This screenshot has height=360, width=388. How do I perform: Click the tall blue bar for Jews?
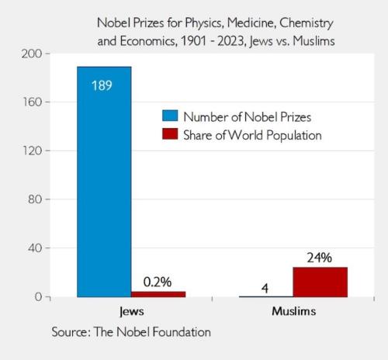[x=104, y=182]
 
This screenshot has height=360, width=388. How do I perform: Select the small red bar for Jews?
[x=158, y=294]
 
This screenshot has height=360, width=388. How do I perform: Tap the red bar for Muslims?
[x=320, y=282]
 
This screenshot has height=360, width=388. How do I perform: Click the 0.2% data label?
[x=158, y=282]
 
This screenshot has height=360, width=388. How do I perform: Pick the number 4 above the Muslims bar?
[x=265, y=288]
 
